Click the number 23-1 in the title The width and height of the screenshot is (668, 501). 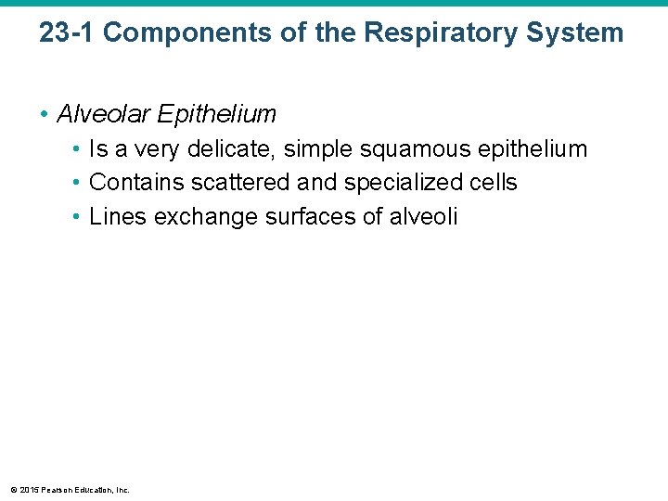[67, 33]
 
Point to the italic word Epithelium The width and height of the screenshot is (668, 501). [217, 114]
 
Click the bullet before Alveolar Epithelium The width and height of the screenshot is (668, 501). [45, 115]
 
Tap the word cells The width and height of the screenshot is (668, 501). [494, 183]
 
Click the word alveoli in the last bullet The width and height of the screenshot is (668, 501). [424, 217]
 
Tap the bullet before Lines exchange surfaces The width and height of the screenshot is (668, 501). [78, 218]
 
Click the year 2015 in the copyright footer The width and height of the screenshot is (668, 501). [27, 490]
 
